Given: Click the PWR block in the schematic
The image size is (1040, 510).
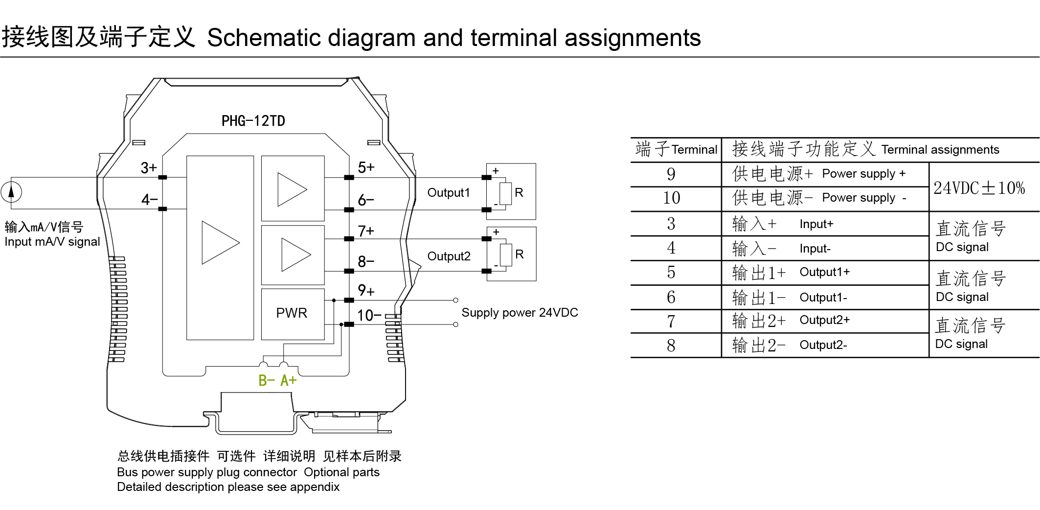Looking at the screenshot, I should (292, 313).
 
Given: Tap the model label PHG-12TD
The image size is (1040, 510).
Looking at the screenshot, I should (253, 121).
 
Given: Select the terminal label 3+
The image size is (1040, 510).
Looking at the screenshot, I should (149, 168).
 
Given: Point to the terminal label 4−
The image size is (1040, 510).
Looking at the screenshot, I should (149, 200).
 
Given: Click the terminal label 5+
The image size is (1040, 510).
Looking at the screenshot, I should (366, 167).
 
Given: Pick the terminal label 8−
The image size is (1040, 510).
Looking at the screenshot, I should (366, 261).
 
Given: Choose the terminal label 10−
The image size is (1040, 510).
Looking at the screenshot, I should (369, 315).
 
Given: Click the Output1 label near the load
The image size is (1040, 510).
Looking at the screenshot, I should (449, 193).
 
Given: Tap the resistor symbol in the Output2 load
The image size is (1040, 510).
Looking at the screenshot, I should (506, 255).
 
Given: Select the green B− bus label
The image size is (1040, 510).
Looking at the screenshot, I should (267, 380).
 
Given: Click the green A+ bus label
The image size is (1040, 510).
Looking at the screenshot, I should (289, 380).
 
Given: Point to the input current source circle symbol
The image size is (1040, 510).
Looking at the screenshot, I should (11, 192).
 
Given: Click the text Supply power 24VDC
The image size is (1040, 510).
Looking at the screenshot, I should (520, 313).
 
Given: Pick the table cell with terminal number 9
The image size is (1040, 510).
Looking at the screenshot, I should (671, 174).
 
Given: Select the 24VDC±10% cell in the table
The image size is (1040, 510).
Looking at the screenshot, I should (979, 188).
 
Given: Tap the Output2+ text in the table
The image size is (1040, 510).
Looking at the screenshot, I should (824, 320).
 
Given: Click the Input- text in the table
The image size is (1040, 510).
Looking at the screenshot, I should (815, 249).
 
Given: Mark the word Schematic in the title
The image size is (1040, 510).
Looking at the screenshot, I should (264, 38).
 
